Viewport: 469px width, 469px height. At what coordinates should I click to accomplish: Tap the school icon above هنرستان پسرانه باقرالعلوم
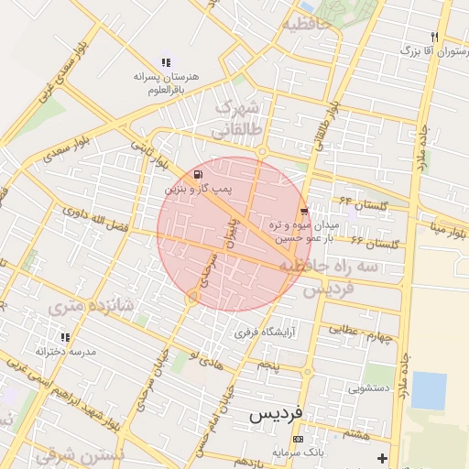click(x=165, y=62)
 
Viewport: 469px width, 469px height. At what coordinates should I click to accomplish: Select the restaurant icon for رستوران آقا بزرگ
click(x=435, y=38)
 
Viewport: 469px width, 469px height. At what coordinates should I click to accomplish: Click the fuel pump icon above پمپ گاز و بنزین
click(x=198, y=174)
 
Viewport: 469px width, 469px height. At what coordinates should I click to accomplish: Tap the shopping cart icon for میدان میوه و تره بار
click(x=303, y=212)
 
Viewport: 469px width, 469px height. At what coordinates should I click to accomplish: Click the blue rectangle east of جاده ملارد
click(x=429, y=390)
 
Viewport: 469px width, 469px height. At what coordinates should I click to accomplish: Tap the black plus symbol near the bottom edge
click(x=382, y=457)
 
